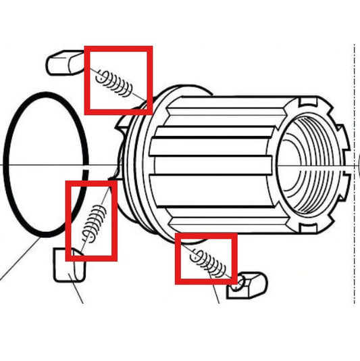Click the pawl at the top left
pos(65,62)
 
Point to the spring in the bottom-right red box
pos(209,262)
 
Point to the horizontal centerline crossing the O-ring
pos(47,164)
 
